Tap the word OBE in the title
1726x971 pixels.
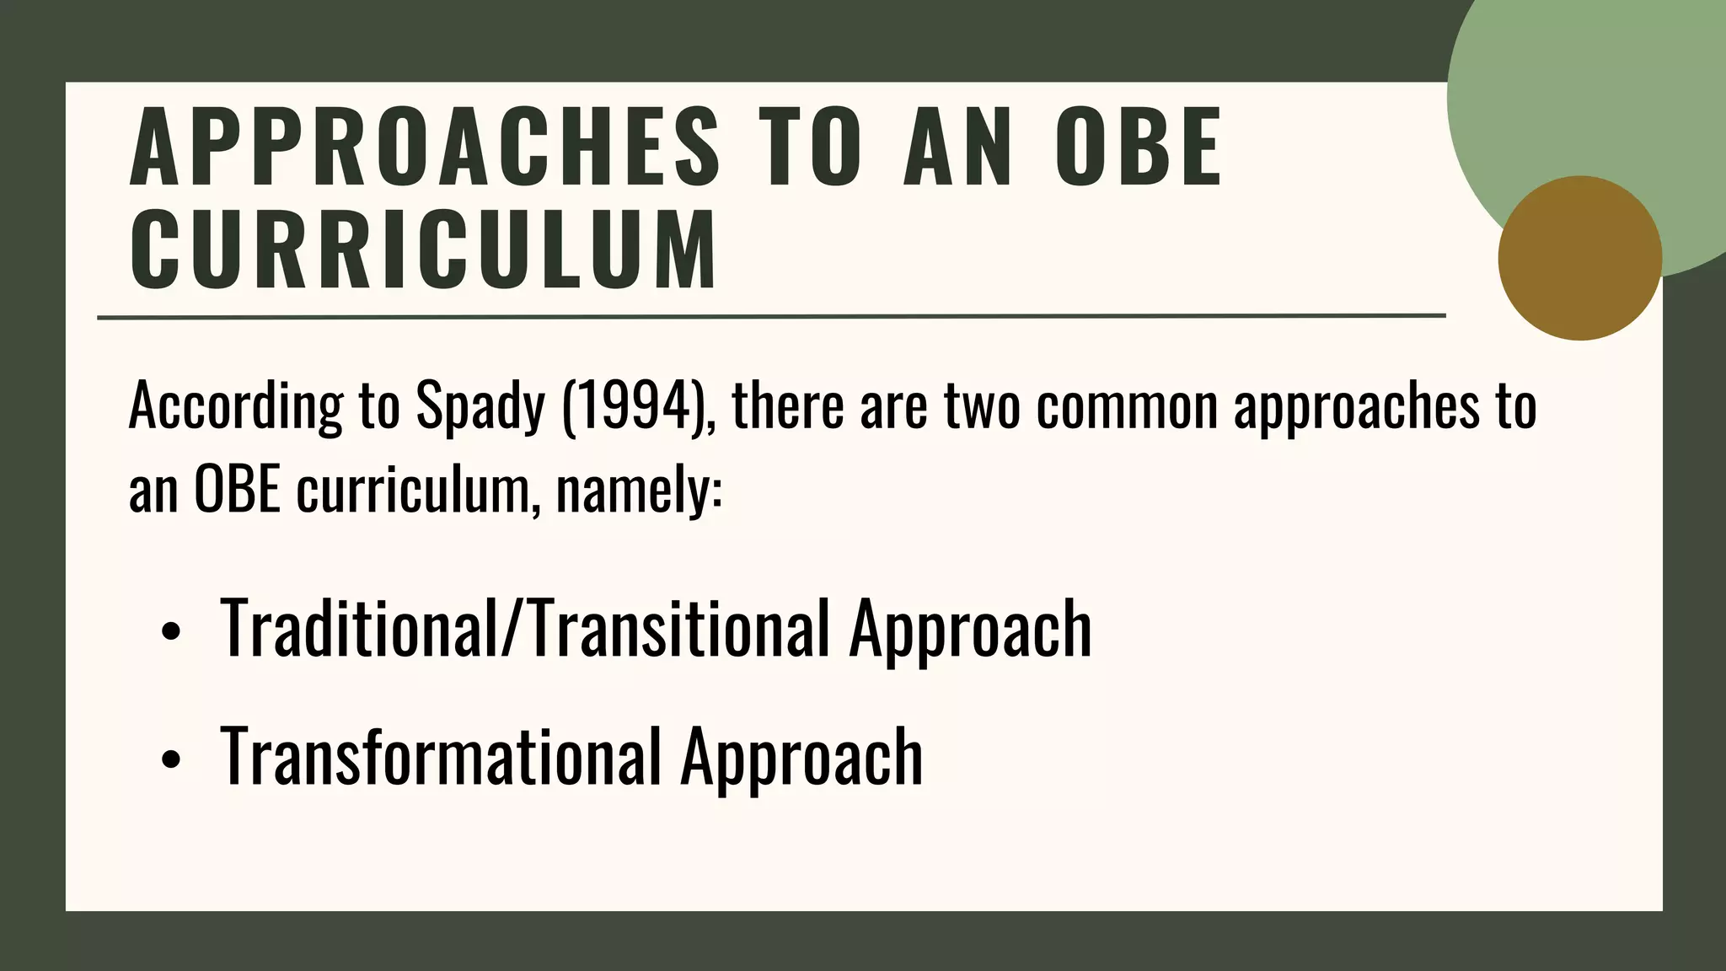point(1138,148)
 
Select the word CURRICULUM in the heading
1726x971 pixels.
point(423,250)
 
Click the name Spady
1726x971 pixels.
point(480,407)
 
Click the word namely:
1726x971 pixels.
point(639,490)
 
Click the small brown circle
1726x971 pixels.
point(1579,258)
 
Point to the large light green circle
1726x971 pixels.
point(1584,93)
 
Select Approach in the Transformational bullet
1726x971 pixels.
point(801,756)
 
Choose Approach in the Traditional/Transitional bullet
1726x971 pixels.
point(970,628)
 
